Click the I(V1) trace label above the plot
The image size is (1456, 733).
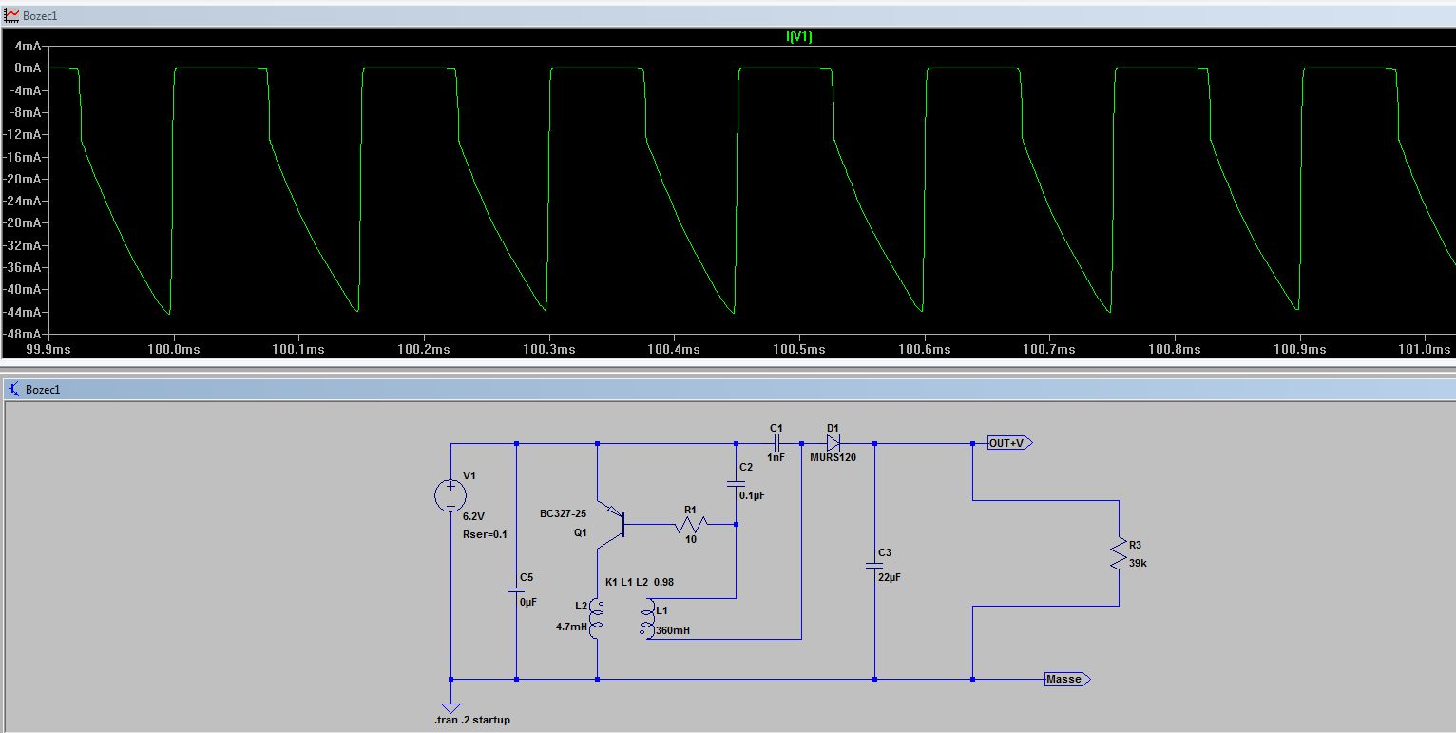point(799,36)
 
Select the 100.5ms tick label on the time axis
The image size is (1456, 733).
point(799,349)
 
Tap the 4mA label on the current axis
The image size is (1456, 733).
point(28,47)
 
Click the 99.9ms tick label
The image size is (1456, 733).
point(48,349)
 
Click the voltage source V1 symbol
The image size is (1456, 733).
point(450,495)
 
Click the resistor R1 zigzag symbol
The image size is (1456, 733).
point(691,524)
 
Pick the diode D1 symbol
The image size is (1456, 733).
point(833,444)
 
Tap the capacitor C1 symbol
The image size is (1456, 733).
point(776,444)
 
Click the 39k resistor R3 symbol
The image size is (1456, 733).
point(1119,553)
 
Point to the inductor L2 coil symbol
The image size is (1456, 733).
point(596,619)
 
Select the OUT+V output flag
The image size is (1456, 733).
point(1009,444)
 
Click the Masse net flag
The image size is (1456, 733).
point(1067,679)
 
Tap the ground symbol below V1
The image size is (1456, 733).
point(450,707)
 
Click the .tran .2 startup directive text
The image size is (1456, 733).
point(472,720)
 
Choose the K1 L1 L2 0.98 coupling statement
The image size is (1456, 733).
point(640,582)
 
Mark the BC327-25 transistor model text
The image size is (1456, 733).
point(563,513)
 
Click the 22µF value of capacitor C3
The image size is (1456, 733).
point(890,577)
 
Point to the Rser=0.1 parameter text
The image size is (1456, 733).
point(485,534)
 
